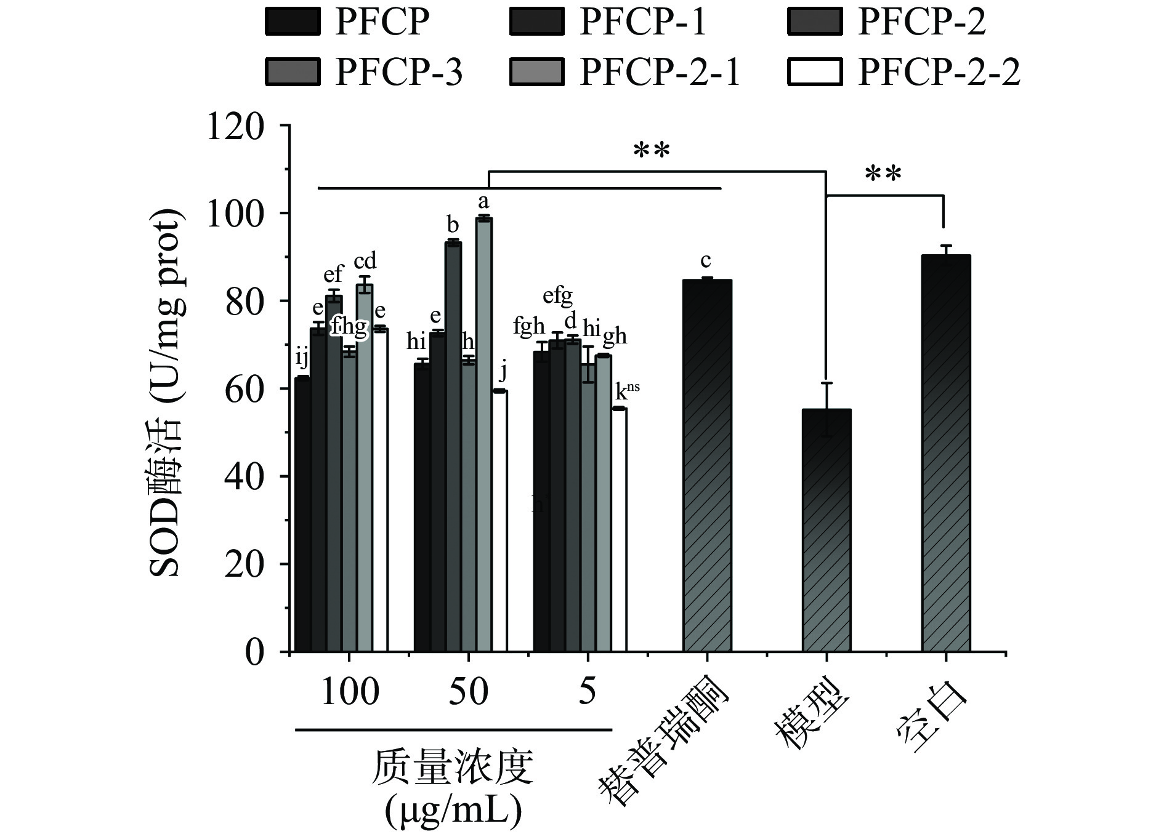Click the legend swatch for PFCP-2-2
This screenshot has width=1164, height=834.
pos(815,71)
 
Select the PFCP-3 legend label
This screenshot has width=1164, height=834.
pos(398,72)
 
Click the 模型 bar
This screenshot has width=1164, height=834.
pos(827,529)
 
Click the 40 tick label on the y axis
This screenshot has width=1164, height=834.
pos(245,477)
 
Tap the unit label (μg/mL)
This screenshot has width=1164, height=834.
pos(453,811)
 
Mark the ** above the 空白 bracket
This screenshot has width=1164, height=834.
pos(883,174)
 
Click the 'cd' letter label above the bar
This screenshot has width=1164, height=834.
pos(365,260)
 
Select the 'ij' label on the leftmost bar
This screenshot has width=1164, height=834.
pos(302,356)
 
